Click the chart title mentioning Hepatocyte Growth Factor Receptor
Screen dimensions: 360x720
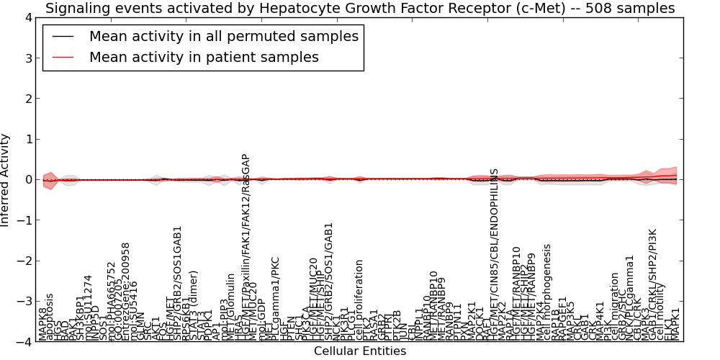(360, 9)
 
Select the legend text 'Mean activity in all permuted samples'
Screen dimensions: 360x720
(223, 37)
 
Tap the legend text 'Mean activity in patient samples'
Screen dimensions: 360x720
(204, 57)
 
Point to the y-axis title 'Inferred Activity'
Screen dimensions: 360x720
(6, 180)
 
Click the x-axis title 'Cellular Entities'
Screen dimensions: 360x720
(360, 351)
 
